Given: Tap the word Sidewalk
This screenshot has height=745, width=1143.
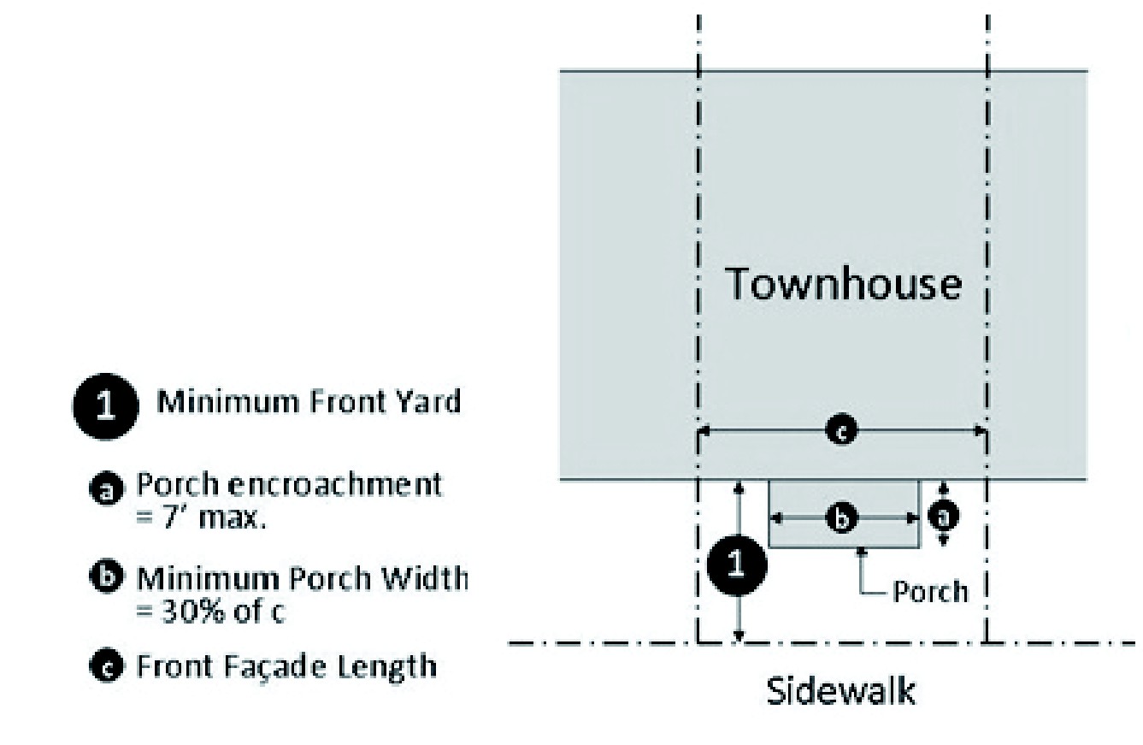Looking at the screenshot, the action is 841,690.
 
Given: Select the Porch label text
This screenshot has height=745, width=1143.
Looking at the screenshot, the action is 930,592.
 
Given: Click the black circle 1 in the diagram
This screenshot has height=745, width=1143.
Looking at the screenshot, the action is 737,565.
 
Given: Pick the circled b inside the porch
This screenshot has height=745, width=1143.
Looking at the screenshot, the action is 842,518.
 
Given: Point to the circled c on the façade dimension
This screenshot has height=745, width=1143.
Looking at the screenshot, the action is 842,431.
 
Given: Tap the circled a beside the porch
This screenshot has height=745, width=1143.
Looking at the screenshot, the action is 943,516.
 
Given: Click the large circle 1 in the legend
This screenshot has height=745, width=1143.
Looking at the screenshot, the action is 106,406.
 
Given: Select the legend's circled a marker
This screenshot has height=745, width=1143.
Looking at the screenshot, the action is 106,488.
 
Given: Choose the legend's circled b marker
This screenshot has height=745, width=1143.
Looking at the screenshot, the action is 106,576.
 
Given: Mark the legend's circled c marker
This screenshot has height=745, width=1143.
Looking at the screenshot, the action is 106,665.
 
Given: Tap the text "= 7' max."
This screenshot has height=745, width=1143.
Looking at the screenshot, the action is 201,517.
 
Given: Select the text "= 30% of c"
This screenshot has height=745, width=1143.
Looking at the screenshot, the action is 210,611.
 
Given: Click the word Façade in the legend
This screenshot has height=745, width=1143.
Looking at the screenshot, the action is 275,665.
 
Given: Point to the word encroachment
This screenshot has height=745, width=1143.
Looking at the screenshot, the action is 335,484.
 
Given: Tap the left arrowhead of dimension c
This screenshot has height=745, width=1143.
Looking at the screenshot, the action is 704,431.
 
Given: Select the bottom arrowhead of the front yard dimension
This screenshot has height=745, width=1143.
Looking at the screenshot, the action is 739,636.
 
